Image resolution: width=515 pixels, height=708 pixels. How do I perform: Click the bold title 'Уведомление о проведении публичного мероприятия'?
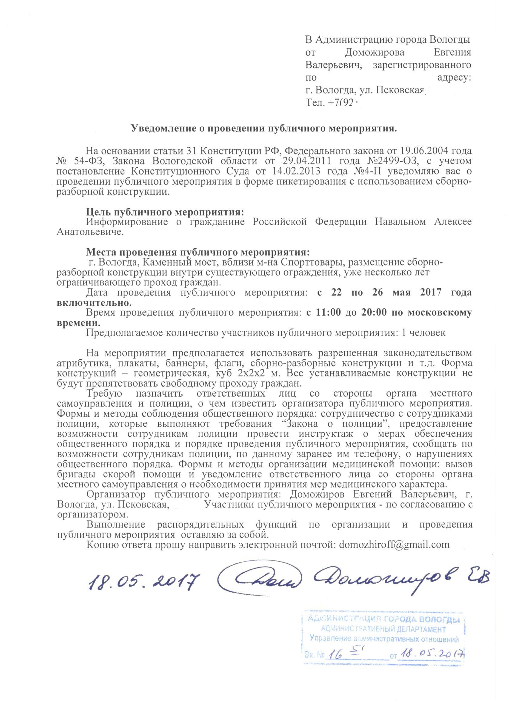263,129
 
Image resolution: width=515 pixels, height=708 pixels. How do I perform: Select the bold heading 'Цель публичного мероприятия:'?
164,212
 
